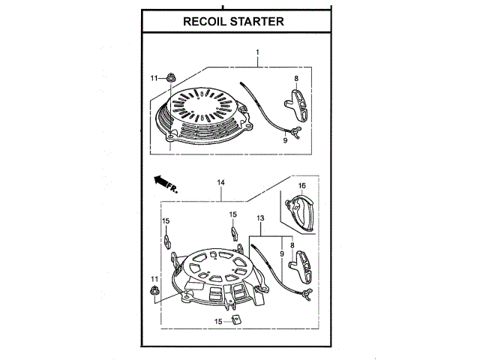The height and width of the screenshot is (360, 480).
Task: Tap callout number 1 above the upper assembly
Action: point(256,52)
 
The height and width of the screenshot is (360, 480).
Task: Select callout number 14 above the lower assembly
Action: point(221,182)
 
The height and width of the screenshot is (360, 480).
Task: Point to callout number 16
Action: point(301,185)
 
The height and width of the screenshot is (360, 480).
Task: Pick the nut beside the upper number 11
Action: point(170,76)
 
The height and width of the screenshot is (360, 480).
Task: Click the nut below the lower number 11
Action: point(154,292)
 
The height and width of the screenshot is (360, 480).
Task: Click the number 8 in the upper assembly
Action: point(296,78)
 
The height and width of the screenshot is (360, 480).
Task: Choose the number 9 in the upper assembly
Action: point(285,139)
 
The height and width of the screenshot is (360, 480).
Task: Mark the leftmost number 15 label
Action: point(166,220)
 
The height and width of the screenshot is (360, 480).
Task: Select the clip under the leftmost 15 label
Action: point(166,242)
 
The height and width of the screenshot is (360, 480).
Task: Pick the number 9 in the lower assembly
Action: point(282,254)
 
